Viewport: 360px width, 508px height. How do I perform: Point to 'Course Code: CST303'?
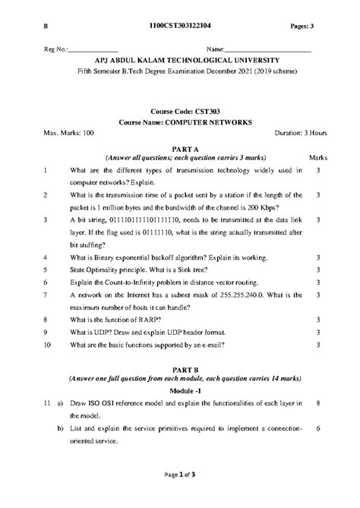pos(179,110)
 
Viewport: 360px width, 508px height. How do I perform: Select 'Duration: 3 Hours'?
pos(300,133)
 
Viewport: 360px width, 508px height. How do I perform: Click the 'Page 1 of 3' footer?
pos(179,496)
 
